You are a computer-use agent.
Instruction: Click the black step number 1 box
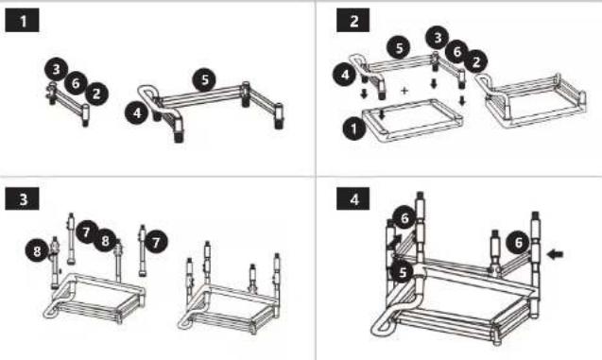(23, 21)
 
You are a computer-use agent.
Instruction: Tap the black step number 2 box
(353, 21)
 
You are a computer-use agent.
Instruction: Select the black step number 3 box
(23, 198)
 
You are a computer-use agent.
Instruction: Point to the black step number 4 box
(353, 198)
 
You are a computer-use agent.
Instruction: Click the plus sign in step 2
(404, 91)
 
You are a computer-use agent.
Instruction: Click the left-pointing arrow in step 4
(555, 253)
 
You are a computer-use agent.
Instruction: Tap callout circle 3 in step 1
(57, 70)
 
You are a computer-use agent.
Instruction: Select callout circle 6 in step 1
(76, 82)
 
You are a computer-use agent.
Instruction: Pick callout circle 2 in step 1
(96, 94)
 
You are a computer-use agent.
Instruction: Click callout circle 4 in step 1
(137, 112)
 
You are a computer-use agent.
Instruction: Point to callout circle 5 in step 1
(205, 79)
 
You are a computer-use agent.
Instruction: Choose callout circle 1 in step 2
(354, 129)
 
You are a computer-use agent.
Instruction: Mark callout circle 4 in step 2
(345, 75)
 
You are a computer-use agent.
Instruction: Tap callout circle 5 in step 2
(399, 48)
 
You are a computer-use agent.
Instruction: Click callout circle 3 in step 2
(438, 38)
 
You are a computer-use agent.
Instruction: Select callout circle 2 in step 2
(476, 61)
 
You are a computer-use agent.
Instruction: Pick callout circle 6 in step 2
(456, 51)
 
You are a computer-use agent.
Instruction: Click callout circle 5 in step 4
(402, 272)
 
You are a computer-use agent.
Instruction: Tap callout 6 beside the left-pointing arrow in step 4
(518, 242)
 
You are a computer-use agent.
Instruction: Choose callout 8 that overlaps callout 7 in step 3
(105, 240)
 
